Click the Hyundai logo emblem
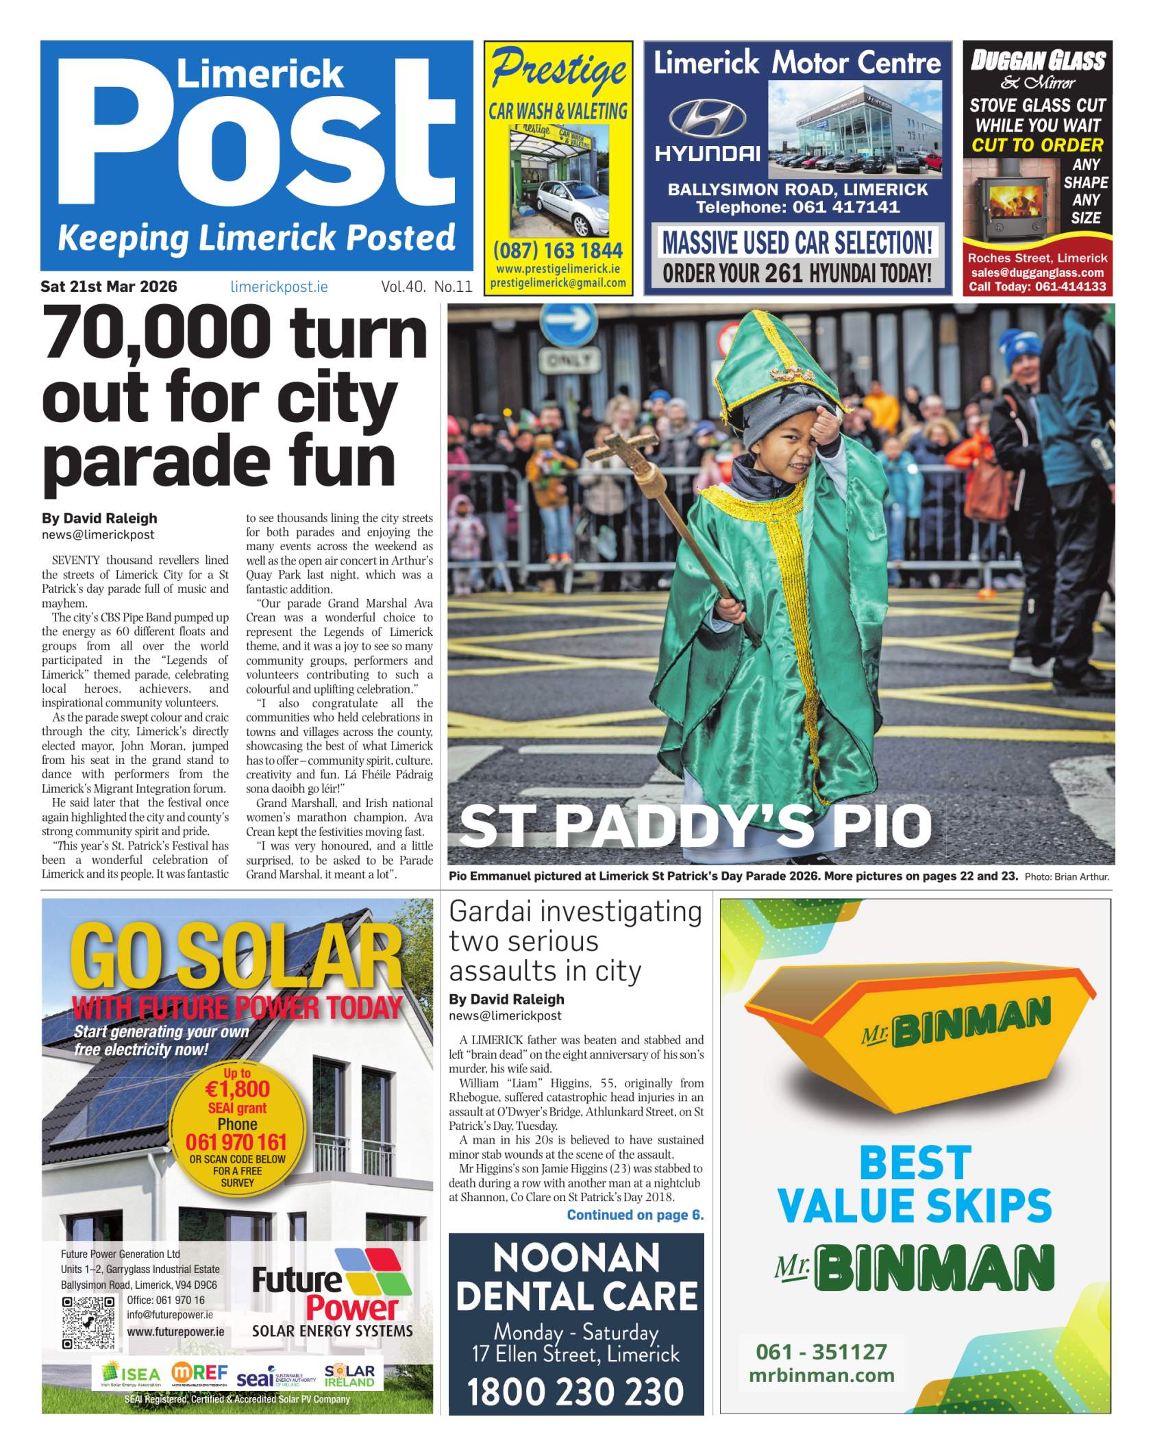click(x=707, y=118)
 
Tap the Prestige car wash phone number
click(x=558, y=250)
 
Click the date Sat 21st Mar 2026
click(x=108, y=286)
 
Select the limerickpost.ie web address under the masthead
click(x=279, y=287)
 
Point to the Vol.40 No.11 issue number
click(x=426, y=287)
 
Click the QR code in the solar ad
click(x=88, y=1323)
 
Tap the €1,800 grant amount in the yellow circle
click(x=238, y=1089)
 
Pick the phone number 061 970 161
click(x=236, y=1142)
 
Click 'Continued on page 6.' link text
click(x=634, y=1215)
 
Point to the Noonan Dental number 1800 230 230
click(x=575, y=1392)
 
